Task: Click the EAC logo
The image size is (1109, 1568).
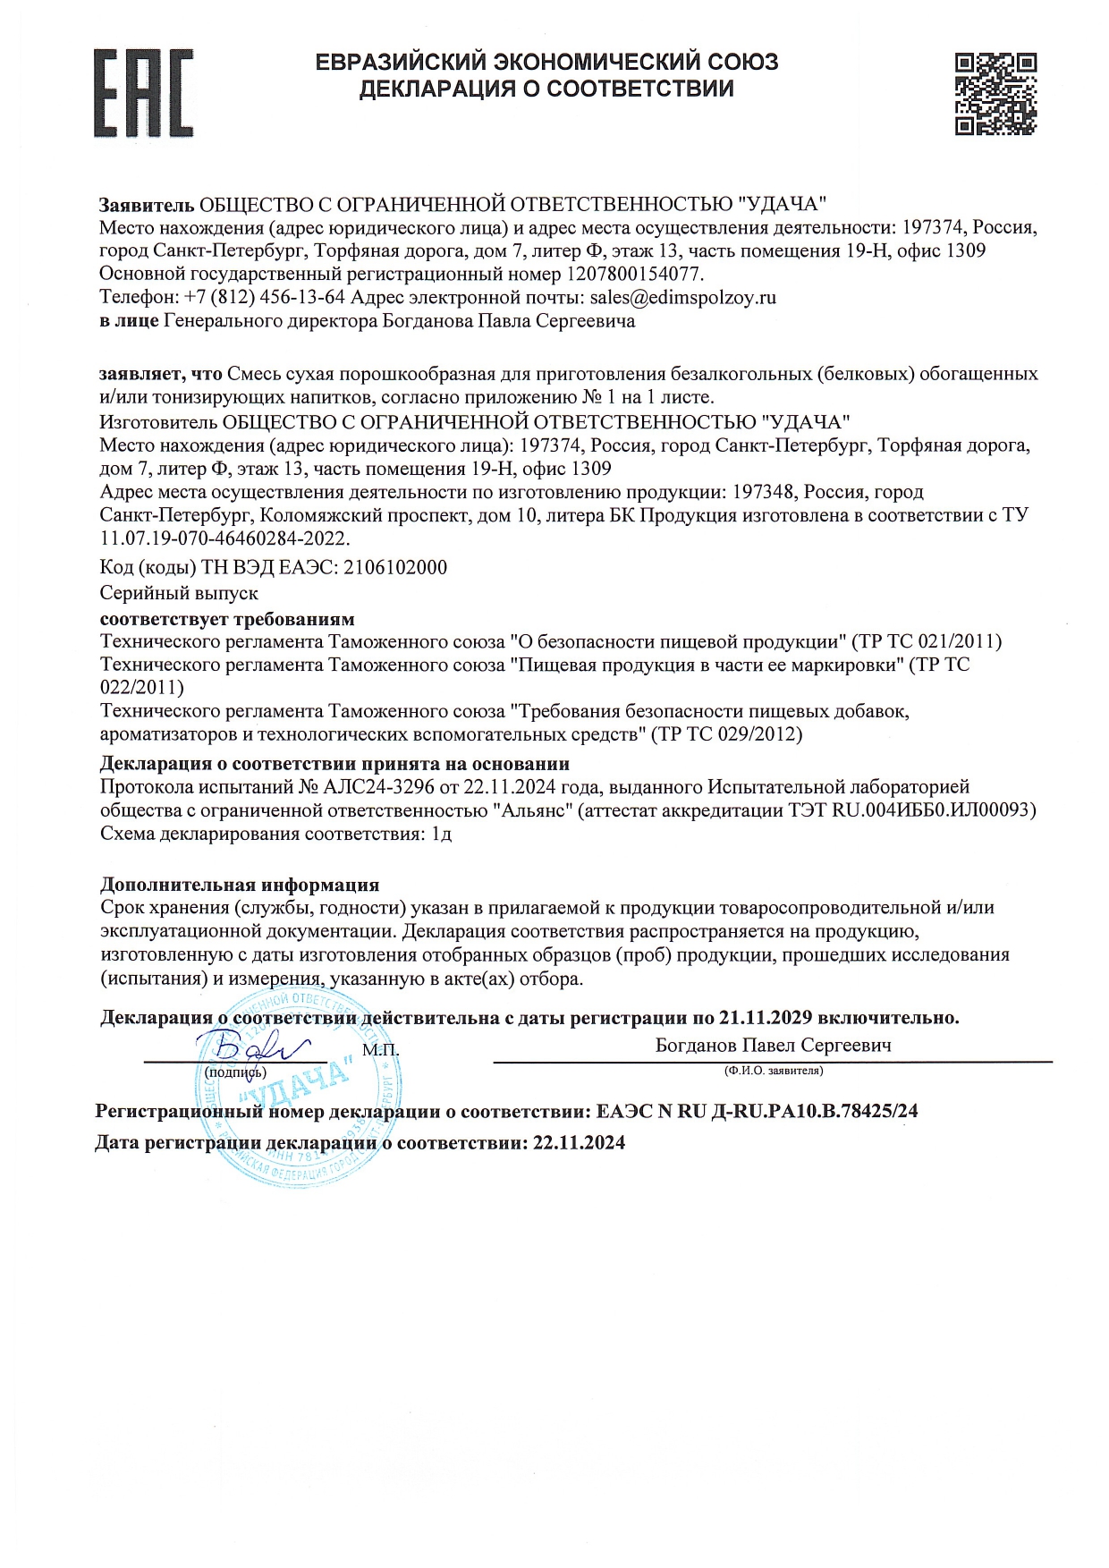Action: (144, 93)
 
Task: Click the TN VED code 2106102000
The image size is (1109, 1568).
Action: (395, 567)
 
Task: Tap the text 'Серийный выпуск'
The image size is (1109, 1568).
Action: (179, 592)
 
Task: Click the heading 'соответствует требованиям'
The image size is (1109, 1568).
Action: (227, 619)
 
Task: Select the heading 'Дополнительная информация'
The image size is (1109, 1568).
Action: (240, 885)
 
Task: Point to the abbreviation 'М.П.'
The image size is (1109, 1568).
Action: (381, 1048)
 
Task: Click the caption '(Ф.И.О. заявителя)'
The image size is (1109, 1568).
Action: (774, 1070)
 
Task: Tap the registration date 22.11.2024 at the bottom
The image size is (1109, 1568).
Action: (579, 1142)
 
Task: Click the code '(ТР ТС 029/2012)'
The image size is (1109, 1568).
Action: (727, 734)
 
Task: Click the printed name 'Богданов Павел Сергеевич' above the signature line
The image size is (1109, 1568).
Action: (773, 1045)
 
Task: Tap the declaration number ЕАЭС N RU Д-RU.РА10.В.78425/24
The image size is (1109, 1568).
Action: (757, 1112)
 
